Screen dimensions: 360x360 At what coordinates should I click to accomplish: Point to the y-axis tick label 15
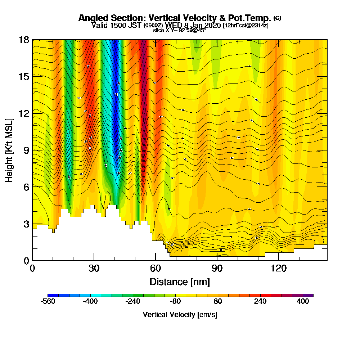[24, 76]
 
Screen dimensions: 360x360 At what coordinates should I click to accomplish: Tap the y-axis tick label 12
[24, 113]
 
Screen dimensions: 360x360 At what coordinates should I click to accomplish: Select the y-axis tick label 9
[26, 150]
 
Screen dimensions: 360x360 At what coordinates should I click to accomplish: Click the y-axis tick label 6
[26, 187]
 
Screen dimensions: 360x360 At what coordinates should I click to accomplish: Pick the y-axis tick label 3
[26, 224]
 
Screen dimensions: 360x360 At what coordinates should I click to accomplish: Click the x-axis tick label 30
[94, 268]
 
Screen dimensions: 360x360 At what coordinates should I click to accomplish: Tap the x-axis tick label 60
[156, 268]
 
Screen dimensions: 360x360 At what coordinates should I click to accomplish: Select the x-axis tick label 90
[217, 268]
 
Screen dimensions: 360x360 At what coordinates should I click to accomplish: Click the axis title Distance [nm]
[180, 281]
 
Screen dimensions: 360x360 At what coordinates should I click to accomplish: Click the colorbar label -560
[48, 302]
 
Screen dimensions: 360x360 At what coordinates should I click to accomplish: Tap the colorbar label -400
[90, 302]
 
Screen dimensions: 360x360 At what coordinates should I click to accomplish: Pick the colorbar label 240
[260, 302]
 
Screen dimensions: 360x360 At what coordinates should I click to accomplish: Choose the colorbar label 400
[303, 302]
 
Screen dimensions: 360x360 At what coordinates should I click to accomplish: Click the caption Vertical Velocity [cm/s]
[180, 315]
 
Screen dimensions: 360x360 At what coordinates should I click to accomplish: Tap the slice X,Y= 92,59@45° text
[180, 30]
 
